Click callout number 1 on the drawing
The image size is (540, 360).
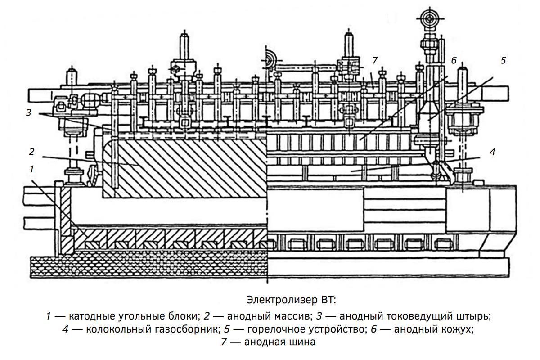(x=31, y=169)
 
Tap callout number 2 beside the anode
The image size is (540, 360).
(x=31, y=151)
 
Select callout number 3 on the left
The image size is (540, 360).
(x=28, y=112)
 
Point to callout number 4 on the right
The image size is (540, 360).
(x=492, y=152)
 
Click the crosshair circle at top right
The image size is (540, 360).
(x=427, y=18)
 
